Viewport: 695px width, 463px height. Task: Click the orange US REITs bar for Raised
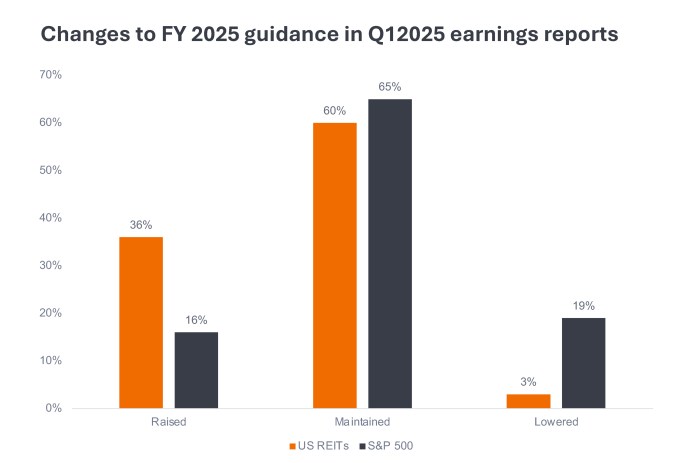coord(141,322)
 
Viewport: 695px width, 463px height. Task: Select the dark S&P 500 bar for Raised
coord(196,370)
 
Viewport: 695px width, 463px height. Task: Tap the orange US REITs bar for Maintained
coord(335,265)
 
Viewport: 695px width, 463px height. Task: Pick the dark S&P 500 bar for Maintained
coord(390,253)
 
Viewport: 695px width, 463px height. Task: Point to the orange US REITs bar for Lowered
coord(528,401)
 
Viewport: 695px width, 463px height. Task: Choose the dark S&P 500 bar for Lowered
coord(583,363)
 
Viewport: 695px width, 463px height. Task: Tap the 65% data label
coord(390,88)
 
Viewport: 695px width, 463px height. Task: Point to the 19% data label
coord(583,307)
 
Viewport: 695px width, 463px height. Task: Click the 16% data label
coord(196,321)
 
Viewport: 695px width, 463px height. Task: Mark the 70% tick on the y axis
coord(51,75)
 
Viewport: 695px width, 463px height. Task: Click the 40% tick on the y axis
coord(51,218)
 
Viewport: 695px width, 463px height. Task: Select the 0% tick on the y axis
coord(54,408)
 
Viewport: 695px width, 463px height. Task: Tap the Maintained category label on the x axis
coord(362,423)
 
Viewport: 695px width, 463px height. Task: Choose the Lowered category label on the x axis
coord(556,423)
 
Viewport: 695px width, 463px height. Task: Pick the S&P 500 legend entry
coord(385,445)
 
